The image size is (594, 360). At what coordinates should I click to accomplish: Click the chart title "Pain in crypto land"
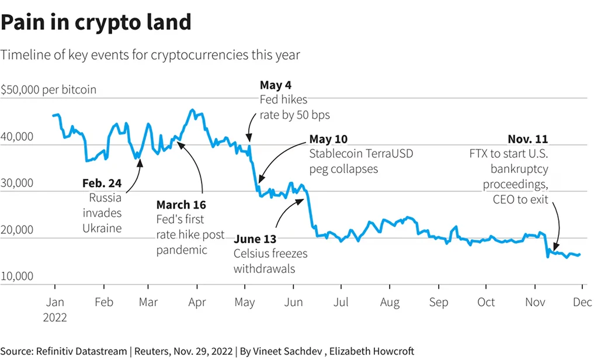96,22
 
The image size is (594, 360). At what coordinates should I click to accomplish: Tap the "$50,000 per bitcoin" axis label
48,90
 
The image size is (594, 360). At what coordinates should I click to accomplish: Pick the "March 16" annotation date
181,205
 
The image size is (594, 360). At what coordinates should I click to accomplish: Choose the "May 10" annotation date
328,139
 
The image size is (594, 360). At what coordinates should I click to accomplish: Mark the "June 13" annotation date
255,239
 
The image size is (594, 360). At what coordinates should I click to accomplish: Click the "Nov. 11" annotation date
527,139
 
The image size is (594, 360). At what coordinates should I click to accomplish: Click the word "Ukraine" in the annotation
102,228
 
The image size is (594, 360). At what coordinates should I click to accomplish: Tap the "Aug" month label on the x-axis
390,302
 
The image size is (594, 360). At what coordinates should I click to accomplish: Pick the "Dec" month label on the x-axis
582,302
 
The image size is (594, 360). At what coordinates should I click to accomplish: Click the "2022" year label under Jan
55,318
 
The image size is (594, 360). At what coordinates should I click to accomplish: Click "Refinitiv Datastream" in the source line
82,351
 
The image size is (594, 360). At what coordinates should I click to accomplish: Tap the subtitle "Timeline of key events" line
150,55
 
